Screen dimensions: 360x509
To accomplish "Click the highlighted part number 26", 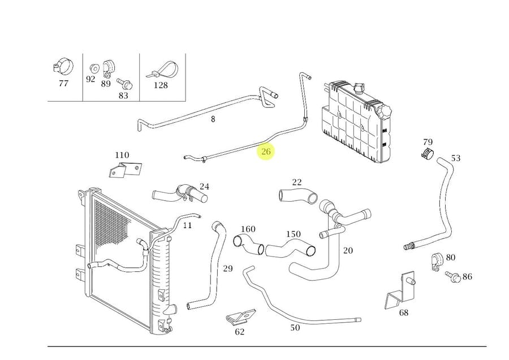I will [266, 151].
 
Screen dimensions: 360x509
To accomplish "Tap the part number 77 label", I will [63, 84].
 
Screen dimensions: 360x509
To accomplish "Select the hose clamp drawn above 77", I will [63, 67].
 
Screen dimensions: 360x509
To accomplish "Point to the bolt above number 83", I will [124, 85].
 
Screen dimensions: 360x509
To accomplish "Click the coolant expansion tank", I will [353, 122].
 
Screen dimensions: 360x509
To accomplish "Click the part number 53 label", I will [455, 158].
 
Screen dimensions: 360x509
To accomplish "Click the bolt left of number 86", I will [452, 276].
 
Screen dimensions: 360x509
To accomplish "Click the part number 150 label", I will [293, 234].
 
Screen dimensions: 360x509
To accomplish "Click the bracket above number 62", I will [240, 319].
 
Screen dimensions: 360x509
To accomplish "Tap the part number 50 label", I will [295, 328].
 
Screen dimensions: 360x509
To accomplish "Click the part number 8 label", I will [213, 119].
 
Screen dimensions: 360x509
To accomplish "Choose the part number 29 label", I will [227, 268].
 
